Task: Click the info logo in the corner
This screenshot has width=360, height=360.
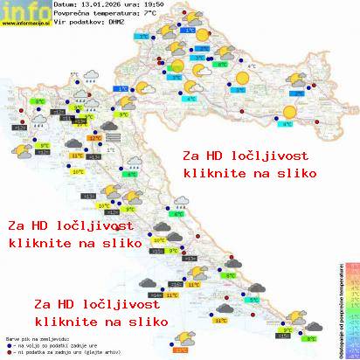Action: [x=18, y=10]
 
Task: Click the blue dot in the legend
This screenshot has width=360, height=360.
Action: [x=8, y=346]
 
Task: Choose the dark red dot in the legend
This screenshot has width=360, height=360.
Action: [x=8, y=353]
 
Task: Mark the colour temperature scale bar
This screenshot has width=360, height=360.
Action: [x=352, y=306]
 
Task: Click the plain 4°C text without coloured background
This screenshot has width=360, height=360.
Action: [x=252, y=66]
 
